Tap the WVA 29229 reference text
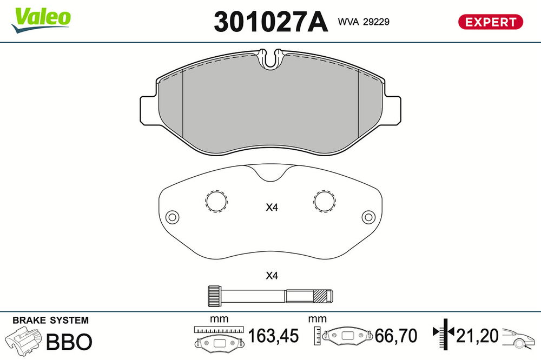tap(364, 22)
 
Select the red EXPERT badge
tap(490, 22)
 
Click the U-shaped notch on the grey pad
tap(271, 59)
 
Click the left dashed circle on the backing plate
tap(216, 201)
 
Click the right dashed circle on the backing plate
tap(325, 201)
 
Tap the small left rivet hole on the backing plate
tap(172, 217)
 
